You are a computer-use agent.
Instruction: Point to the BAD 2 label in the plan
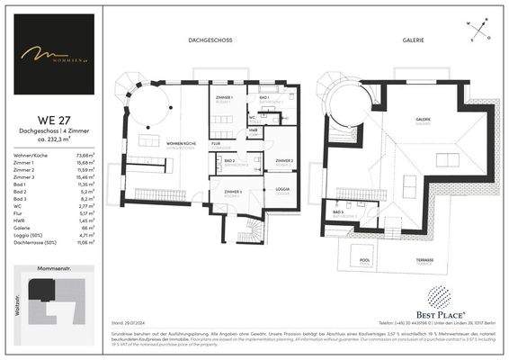(x=228, y=160)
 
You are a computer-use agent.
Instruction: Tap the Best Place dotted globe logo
(x=437, y=295)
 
